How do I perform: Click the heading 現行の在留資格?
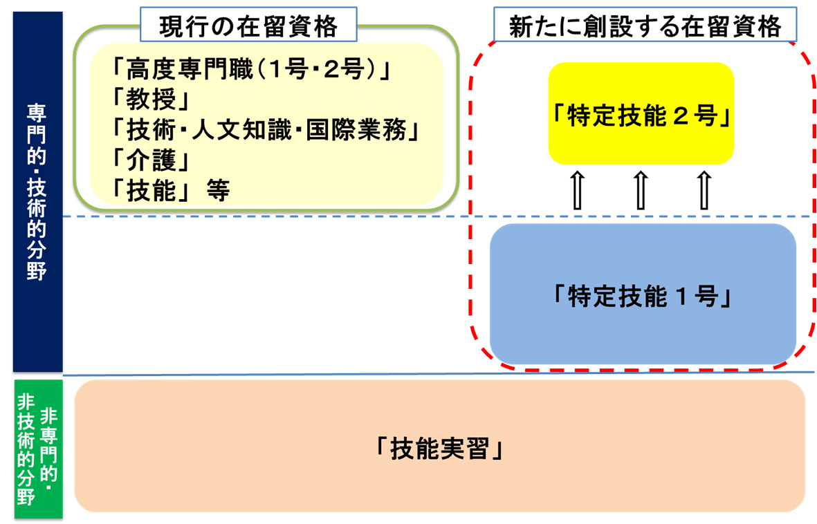pyautogui.click(x=248, y=26)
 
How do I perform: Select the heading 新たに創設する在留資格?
pyautogui.click(x=645, y=26)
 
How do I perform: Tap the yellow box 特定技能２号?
pyautogui.click(x=641, y=113)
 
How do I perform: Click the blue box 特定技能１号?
pyautogui.click(x=643, y=294)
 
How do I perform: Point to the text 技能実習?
pyautogui.click(x=439, y=449)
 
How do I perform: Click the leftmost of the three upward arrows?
pyautogui.click(x=578, y=190)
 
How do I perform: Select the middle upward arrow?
pyautogui.click(x=641, y=190)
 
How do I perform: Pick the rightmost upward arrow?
pyautogui.click(x=704, y=190)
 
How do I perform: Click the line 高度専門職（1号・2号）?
pyautogui.click(x=252, y=68)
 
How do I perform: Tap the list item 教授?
pyautogui.click(x=151, y=99)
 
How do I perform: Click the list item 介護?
pyautogui.click(x=151, y=160)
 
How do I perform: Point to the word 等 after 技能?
pyautogui.click(x=218, y=190)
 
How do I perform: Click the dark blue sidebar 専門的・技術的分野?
pyautogui.click(x=37, y=191)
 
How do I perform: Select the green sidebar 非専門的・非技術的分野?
pyautogui.click(x=38, y=449)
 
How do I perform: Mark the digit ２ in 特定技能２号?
pyautogui.click(x=681, y=115)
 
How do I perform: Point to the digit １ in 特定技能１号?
pyautogui.click(x=681, y=297)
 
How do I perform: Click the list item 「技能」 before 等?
pyautogui.click(x=151, y=190)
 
